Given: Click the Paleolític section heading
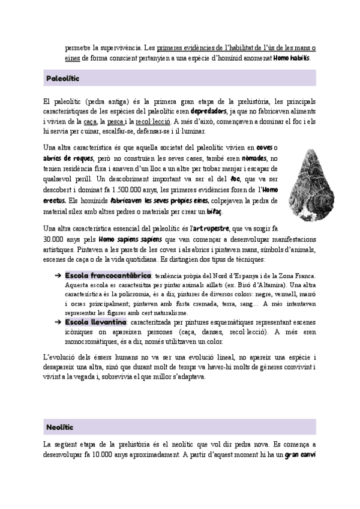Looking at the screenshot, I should pyautogui.click(x=63, y=79).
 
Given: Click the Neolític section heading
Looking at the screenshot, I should pyautogui.click(x=59, y=427).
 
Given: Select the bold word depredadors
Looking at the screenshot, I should pyautogui.click(x=208, y=112).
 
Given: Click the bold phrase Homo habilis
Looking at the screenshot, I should pyautogui.click(x=292, y=58).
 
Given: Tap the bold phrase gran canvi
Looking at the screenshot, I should pyautogui.click(x=300, y=454).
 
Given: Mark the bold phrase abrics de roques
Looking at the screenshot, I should pyautogui.click(x=68, y=158).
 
